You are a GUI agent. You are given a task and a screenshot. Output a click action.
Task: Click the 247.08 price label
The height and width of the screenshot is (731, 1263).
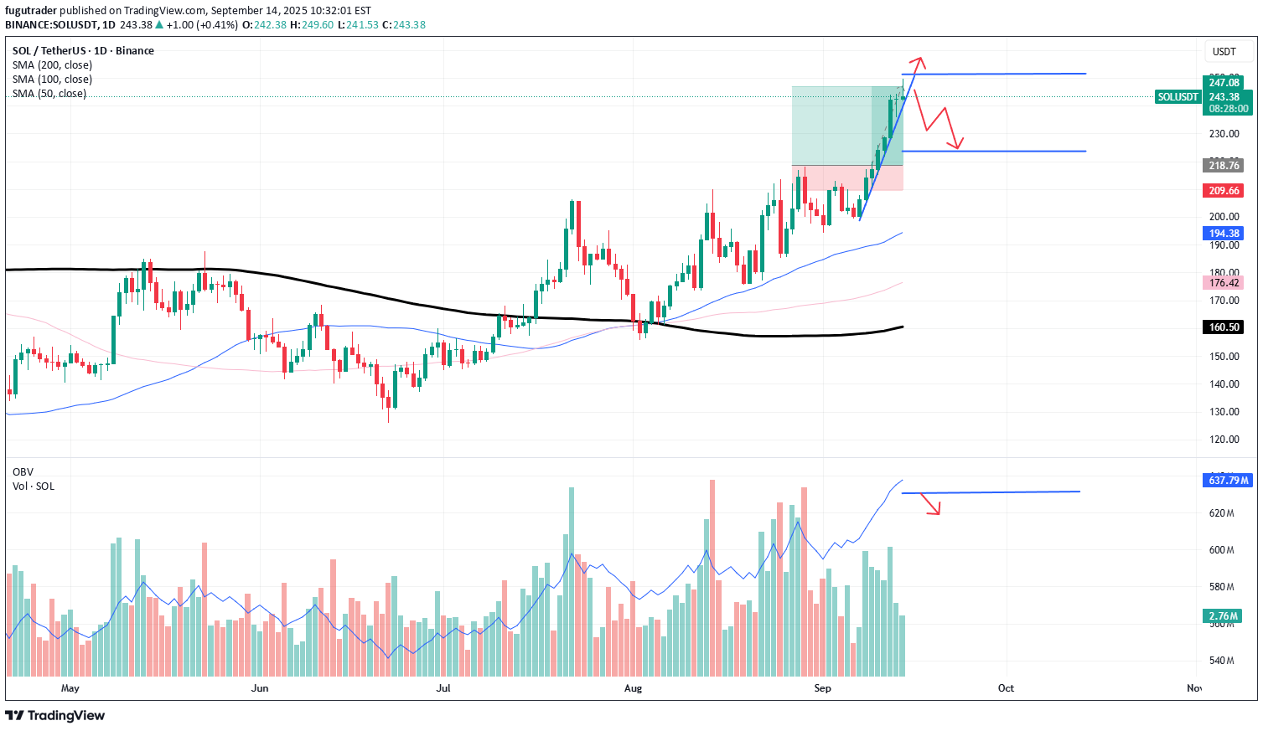pyautogui.click(x=1224, y=82)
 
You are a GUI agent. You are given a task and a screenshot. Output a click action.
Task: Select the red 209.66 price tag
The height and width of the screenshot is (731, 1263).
pyautogui.click(x=1224, y=191)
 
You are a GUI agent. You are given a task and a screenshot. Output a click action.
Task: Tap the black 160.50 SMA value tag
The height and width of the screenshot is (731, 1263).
pyautogui.click(x=1224, y=327)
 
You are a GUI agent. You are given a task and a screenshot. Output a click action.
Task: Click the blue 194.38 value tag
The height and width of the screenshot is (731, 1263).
pyautogui.click(x=1224, y=234)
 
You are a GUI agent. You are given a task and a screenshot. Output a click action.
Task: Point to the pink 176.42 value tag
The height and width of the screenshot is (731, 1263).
pyautogui.click(x=1224, y=283)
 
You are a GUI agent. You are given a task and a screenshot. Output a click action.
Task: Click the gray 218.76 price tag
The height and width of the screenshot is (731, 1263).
pyautogui.click(x=1224, y=166)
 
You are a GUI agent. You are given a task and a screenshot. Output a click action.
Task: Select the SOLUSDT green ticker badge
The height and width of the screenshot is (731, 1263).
pyautogui.click(x=1178, y=97)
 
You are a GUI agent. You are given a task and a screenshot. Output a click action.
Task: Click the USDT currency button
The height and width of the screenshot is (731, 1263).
pyautogui.click(x=1224, y=52)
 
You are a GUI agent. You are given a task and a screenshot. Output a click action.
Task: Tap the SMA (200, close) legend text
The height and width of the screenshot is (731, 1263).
pyautogui.click(x=52, y=65)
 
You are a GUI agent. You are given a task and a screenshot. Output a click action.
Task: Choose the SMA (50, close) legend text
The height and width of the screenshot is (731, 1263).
pyautogui.click(x=49, y=94)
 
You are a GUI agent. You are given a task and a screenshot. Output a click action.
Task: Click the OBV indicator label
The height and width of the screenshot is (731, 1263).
pyautogui.click(x=23, y=472)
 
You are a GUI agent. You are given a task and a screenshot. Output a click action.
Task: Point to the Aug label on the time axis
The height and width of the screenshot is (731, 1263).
pyautogui.click(x=633, y=688)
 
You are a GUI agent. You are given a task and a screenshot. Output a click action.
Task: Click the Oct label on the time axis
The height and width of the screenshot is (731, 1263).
pyautogui.click(x=1006, y=688)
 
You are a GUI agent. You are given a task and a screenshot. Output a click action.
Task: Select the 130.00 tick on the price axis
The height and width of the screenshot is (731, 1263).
pyautogui.click(x=1224, y=412)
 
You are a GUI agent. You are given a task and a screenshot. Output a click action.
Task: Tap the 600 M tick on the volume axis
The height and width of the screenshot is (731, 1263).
pyautogui.click(x=1221, y=550)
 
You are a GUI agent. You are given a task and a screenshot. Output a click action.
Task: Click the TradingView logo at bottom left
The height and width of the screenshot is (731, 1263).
pyautogui.click(x=55, y=715)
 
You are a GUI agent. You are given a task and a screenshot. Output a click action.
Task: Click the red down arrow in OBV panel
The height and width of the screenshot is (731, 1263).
pyautogui.click(x=932, y=505)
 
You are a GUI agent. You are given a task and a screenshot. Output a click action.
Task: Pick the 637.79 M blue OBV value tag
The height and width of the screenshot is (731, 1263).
pyautogui.click(x=1228, y=481)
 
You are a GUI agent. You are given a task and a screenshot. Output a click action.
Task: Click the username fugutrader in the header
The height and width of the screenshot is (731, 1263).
pyautogui.click(x=34, y=10)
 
